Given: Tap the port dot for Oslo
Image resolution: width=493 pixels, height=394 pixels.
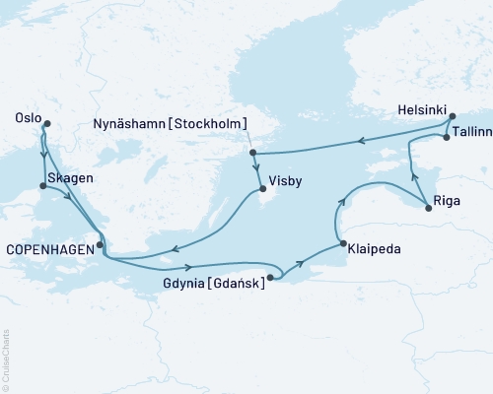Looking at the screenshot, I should pos(45,123).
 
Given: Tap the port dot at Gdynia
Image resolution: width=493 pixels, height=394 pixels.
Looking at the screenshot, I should pos(270,278).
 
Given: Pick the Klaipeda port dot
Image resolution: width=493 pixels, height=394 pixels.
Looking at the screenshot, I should pos(341,244).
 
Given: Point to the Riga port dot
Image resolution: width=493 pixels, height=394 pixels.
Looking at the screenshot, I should pos(428,205).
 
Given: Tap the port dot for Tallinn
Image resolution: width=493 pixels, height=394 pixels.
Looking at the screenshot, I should pos(447,138).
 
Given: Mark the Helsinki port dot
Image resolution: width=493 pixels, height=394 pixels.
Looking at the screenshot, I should pos(453,117).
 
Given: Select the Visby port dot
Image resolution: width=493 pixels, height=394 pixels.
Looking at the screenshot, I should pos(261,191).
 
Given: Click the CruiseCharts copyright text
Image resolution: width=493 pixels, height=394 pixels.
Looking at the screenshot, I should pos(5,360).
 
